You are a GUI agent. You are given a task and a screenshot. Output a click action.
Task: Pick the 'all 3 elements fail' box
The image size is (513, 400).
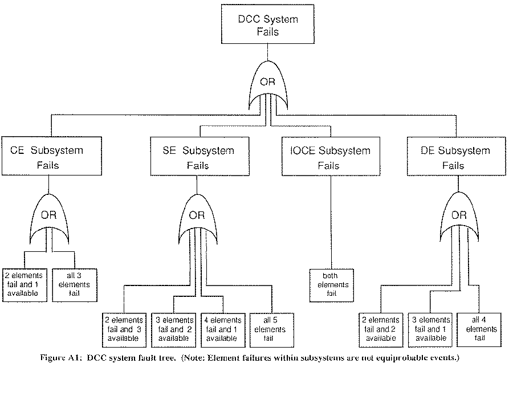pos(74,284)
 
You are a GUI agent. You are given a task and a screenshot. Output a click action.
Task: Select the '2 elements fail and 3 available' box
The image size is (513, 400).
pos(125,329)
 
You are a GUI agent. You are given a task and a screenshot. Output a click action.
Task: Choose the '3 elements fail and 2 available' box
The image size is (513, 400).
pos(174,329)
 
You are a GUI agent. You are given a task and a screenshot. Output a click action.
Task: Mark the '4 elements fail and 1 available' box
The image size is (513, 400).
pos(222,329)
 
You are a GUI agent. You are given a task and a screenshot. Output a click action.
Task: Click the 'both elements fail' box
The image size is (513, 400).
pos(331,284)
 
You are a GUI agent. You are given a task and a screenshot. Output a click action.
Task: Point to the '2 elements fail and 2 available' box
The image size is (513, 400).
pos(381,329)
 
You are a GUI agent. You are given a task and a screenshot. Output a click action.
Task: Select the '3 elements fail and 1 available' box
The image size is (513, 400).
pos(430,329)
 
